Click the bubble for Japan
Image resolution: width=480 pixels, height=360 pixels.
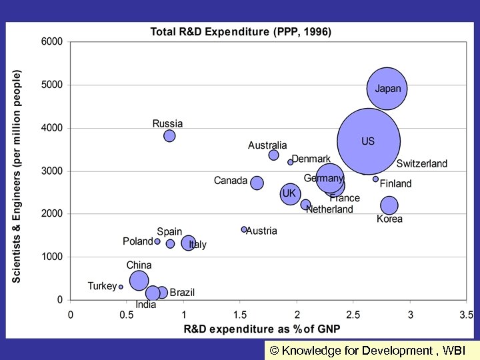(387, 89)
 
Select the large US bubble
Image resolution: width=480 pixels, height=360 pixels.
(369, 141)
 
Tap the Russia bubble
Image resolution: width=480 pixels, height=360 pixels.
(169, 136)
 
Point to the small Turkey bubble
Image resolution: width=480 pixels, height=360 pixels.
(121, 287)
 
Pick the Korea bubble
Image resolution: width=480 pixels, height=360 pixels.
(389, 205)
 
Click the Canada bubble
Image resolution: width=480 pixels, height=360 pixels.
(257, 183)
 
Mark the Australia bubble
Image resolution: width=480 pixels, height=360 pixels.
(273, 155)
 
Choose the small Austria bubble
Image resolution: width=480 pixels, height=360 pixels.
(244, 229)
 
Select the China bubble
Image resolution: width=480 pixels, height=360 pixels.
(139, 280)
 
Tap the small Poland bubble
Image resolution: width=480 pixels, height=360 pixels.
(157, 241)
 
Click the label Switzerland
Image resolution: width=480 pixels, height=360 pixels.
(422, 164)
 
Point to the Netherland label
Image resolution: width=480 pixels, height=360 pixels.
(329, 209)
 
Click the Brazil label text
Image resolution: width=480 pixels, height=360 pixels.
(182, 292)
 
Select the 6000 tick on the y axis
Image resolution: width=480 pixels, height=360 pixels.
(52, 41)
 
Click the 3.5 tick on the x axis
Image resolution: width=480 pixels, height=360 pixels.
(467, 314)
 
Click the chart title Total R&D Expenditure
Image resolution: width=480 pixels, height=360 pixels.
(241, 31)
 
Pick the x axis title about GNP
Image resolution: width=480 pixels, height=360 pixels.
(263, 329)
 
